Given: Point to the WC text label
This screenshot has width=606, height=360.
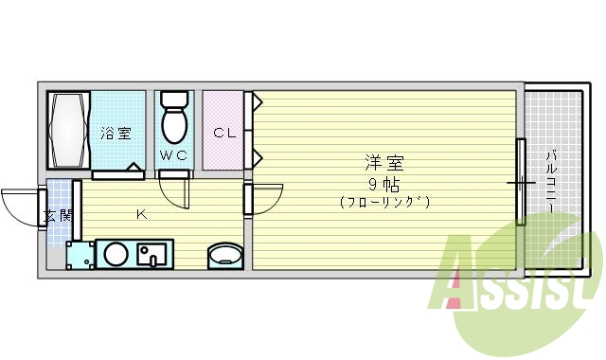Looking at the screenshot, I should (x=173, y=155).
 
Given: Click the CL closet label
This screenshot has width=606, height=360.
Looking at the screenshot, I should (x=223, y=133).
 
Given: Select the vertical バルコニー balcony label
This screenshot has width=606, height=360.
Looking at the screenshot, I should (x=550, y=180).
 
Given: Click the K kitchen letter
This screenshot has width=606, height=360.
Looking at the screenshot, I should (x=140, y=214).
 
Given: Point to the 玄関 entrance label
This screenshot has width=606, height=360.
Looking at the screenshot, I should (x=58, y=215).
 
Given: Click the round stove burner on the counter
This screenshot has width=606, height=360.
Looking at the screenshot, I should (x=116, y=254).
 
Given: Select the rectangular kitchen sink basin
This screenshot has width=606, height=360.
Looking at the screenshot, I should (x=151, y=254).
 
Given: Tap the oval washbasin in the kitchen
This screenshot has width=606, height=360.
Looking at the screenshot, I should (x=225, y=255).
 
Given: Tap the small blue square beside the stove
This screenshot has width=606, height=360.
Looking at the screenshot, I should (x=80, y=254).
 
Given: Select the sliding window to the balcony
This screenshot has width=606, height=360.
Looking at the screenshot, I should (x=520, y=180).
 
